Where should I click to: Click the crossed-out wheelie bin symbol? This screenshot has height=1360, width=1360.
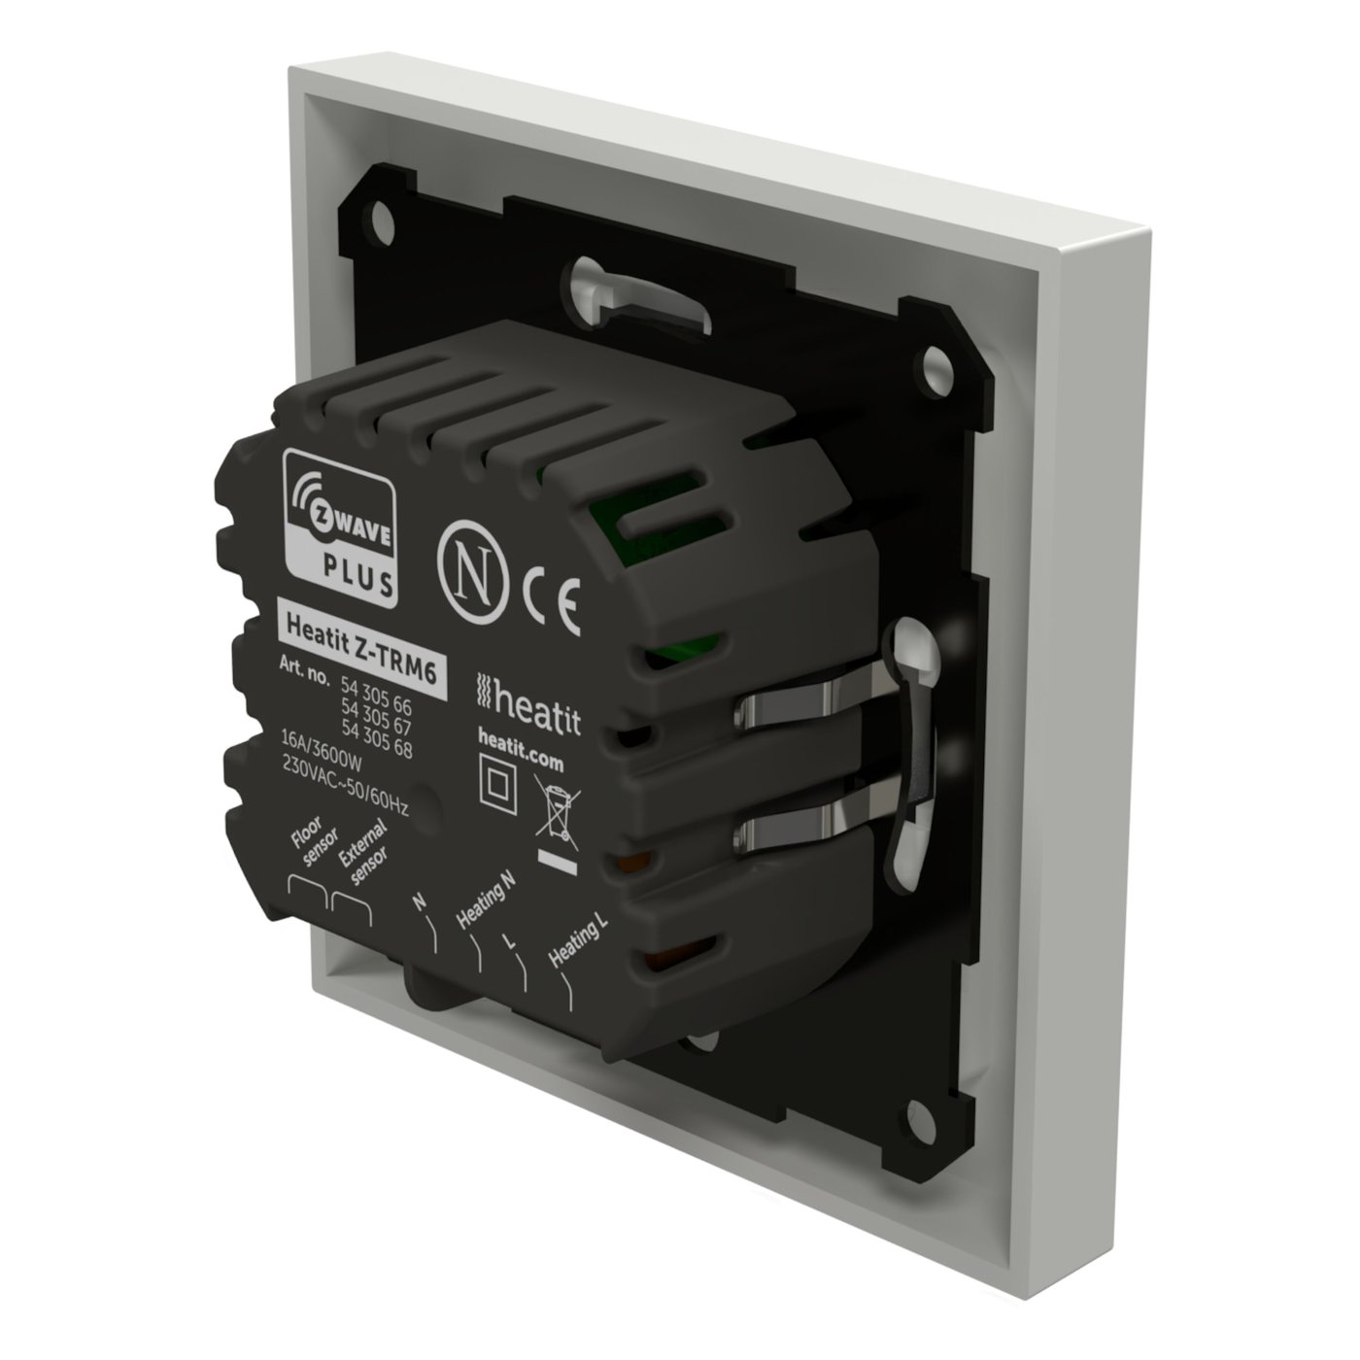[556, 816]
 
